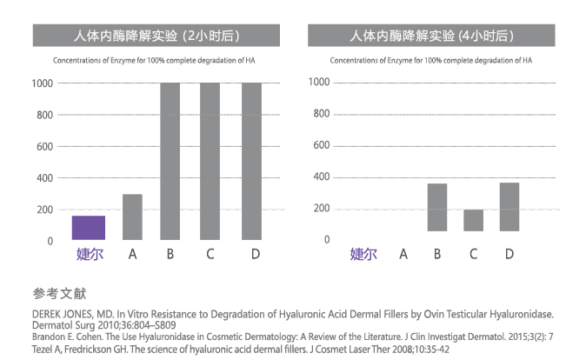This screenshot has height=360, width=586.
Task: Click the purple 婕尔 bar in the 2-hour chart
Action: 88,228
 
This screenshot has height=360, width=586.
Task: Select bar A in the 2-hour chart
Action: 132,217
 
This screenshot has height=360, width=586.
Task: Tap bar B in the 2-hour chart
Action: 170,162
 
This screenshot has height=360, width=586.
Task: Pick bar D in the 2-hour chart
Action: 251,162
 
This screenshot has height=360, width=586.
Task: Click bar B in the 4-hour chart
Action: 436,207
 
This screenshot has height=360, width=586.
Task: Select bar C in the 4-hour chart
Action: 473,220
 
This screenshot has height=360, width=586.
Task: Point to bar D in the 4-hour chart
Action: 509,207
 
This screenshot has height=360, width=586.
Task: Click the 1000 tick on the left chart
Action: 42,83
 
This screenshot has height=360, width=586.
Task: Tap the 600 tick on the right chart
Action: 319,145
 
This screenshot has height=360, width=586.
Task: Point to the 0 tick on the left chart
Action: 49,241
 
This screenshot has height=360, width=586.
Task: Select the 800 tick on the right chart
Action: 319,114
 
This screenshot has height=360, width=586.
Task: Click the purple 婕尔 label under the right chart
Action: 363,255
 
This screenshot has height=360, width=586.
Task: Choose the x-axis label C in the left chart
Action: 211,255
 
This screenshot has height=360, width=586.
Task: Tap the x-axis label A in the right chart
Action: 403,255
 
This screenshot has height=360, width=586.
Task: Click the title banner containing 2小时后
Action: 156,36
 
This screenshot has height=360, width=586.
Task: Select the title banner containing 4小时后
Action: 432,36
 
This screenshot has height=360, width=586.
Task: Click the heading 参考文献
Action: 60,293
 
